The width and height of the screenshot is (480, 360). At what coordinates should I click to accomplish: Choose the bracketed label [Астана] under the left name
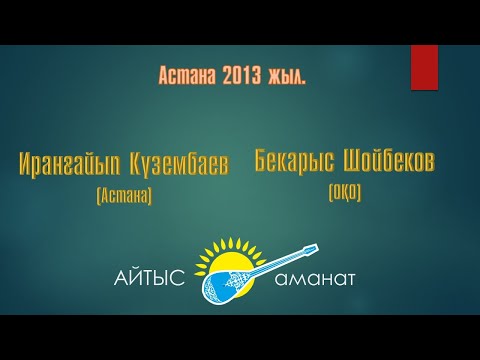124,197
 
